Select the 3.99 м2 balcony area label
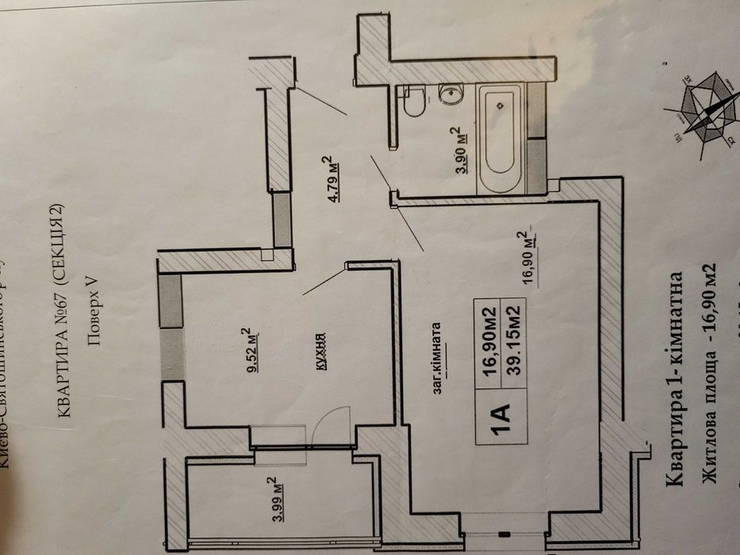tap(270, 498)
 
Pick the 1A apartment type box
tap(497, 414)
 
